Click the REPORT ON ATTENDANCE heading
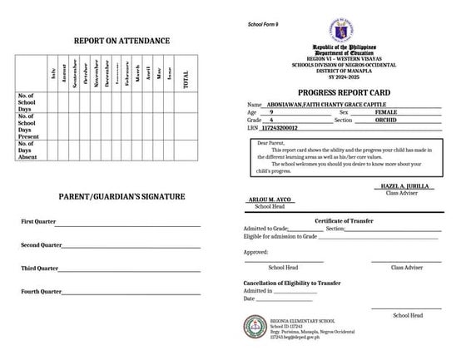121,41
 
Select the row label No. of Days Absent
31,149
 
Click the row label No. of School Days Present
31,126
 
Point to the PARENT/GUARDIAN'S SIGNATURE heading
121,196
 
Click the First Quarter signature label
39,222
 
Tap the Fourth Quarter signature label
41,292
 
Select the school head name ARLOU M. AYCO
268,200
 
